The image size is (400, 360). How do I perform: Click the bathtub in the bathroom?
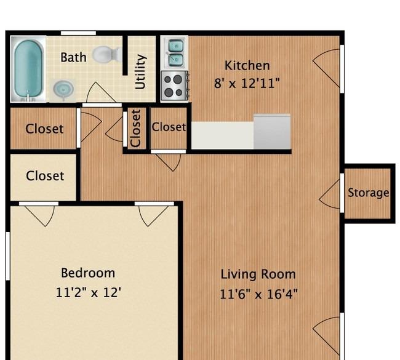coord(28,69)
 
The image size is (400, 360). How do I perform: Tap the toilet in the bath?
coord(107,54)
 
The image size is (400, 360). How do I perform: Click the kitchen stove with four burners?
coord(175,86)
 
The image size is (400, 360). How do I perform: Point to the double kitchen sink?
coord(175,54)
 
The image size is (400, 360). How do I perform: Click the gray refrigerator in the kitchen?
coord(272,132)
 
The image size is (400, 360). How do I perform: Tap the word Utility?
coord(140,72)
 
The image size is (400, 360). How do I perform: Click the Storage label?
coord(369,193)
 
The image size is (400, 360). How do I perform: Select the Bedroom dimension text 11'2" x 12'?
coord(88,292)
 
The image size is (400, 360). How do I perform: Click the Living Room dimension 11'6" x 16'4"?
coord(258,294)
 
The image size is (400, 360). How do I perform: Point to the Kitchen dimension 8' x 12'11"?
coord(247,83)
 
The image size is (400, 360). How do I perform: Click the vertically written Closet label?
coord(135,129)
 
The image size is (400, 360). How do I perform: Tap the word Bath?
coord(73,57)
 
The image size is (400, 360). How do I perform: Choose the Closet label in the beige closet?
coord(45,176)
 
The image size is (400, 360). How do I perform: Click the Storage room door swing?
coord(330,194)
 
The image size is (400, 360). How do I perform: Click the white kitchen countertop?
coord(222,135)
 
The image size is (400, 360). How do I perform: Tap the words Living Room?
coord(258,274)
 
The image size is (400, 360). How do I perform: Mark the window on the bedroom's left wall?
coord(7,256)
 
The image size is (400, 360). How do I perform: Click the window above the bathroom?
coord(78,33)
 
